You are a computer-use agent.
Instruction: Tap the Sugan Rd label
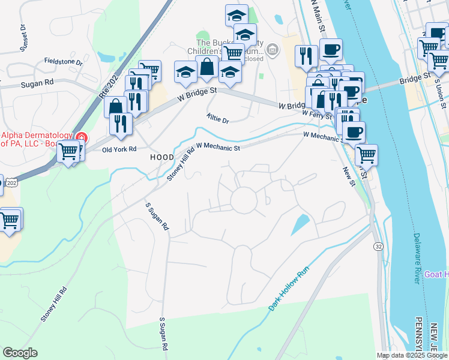click(x=37, y=82)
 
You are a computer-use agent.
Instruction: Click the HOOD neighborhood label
click(x=161, y=157)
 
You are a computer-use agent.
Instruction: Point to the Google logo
click(x=20, y=353)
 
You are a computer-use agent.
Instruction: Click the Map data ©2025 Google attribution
click(x=412, y=355)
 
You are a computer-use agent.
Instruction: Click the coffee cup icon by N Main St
click(x=331, y=50)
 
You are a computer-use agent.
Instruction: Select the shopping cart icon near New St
click(x=366, y=155)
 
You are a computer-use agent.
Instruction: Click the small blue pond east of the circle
click(x=300, y=225)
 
